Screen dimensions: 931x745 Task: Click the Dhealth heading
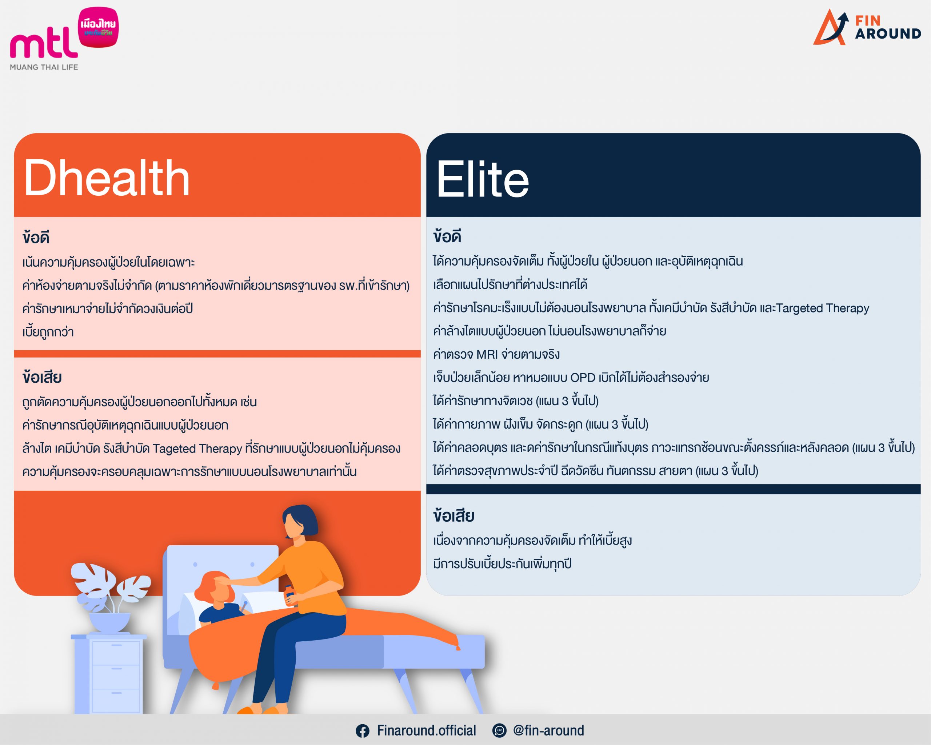click(107, 178)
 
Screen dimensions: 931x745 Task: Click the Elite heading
click(482, 179)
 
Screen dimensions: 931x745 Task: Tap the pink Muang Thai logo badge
click(99, 27)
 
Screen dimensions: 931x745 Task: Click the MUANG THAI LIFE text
click(44, 67)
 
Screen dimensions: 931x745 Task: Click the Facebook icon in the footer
click(362, 731)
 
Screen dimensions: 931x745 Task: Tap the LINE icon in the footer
click(499, 730)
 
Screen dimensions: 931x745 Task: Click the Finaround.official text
click(426, 730)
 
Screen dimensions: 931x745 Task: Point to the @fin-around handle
click(548, 730)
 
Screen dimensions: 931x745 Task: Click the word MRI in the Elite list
click(487, 355)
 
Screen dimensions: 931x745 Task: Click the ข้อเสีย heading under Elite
click(454, 516)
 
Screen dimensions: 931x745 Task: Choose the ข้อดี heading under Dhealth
click(36, 237)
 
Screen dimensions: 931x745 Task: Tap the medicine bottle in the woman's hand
click(290, 595)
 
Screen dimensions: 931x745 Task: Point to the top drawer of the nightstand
click(117, 653)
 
